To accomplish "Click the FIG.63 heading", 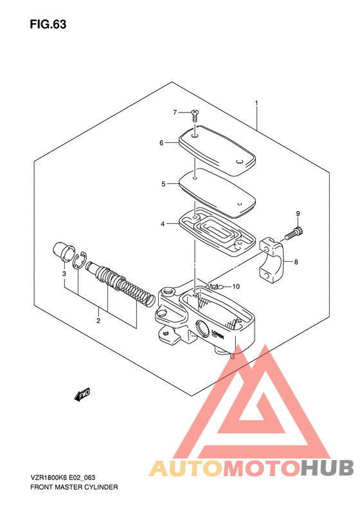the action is coord(48,24).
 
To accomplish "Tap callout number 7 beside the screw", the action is coord(175,113).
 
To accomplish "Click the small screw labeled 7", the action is coord(195,116).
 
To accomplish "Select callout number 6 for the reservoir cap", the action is coord(161,143).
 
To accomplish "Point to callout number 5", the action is coord(163,184).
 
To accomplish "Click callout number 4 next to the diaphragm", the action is coord(163,224).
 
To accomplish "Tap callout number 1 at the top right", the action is coord(256,103).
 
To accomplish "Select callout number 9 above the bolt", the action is coord(298,214).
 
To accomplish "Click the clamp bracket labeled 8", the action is coord(272,260).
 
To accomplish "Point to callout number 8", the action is coord(296,262).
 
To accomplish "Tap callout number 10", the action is coord(236,286).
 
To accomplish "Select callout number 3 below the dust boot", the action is coord(64,273).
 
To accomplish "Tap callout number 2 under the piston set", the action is coord(98,321).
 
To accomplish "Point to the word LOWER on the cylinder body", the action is coord(218,335).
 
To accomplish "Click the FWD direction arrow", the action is coord(82,394).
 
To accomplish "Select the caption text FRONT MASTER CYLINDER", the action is coord(74,487).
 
